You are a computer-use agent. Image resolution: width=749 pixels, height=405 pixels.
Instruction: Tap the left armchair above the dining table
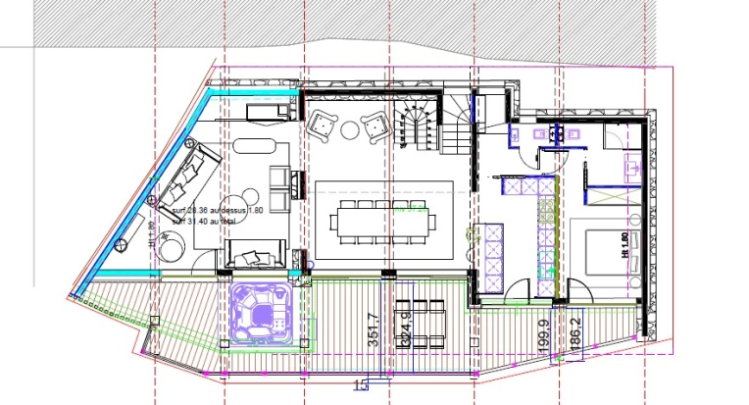(324, 126)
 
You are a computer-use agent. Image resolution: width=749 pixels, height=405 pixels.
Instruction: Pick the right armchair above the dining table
(374, 126)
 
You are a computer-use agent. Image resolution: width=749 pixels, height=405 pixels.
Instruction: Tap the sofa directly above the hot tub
(256, 257)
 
